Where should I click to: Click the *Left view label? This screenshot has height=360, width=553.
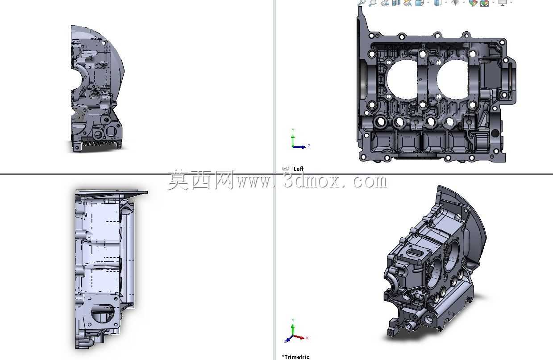[297, 169]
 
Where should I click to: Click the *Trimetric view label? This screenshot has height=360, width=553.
[295, 357]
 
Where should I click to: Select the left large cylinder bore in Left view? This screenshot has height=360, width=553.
[402, 79]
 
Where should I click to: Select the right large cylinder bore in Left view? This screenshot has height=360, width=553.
[452, 79]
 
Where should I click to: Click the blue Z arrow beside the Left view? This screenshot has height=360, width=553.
[299, 147]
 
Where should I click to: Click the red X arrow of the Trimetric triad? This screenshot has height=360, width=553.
[299, 337]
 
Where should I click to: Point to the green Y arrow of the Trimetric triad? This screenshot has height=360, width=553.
[293, 330]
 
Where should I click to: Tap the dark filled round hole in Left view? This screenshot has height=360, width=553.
[495, 133]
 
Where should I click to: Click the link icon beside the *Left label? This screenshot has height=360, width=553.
[285, 169]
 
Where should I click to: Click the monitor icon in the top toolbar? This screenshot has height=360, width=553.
[503, 3]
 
